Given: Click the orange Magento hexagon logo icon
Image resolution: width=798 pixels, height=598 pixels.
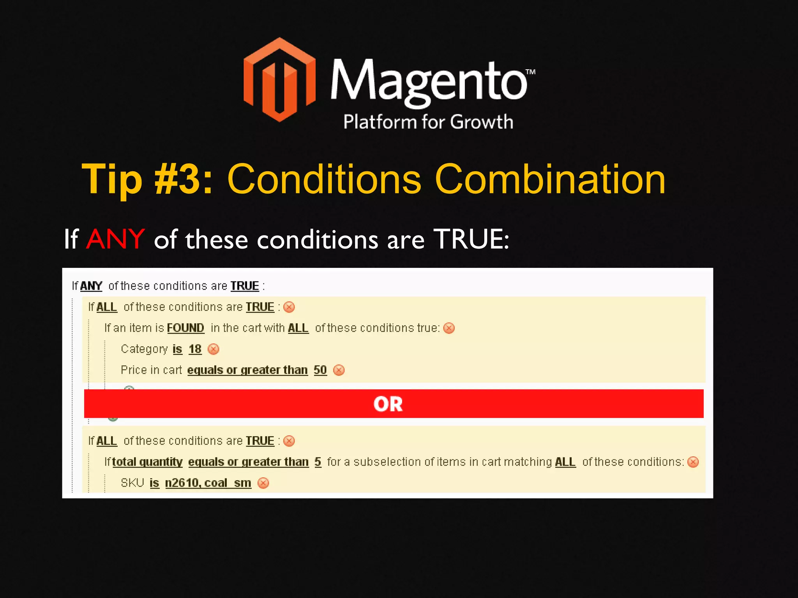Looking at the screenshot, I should (x=279, y=80).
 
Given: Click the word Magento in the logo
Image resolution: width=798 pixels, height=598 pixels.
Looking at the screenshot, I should (x=429, y=82).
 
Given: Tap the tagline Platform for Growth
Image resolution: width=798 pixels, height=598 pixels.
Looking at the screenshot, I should (x=428, y=122).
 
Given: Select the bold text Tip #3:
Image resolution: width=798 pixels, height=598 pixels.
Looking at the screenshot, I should (x=147, y=179).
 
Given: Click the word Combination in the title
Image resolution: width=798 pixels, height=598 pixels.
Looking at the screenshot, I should (x=550, y=179).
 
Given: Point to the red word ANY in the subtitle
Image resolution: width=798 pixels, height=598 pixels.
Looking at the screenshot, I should (x=115, y=239).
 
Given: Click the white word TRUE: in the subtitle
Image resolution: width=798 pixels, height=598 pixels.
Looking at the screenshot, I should (x=471, y=239).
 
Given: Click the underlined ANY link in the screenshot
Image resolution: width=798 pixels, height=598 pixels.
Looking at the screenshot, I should (x=91, y=286).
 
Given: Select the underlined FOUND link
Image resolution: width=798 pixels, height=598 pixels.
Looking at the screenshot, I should (x=185, y=328).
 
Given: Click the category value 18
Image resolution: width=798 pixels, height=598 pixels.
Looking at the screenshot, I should (x=195, y=349).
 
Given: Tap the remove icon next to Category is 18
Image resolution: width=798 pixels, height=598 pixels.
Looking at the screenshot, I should (x=214, y=349).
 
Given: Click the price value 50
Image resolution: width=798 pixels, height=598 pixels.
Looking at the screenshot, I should (x=320, y=370).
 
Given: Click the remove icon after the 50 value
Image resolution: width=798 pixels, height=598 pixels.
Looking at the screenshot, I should (x=339, y=370).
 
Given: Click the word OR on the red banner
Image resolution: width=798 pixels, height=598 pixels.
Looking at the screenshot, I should (x=388, y=404).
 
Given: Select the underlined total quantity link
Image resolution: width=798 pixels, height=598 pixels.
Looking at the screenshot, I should (x=147, y=462).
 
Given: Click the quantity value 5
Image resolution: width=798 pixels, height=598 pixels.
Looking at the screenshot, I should (x=318, y=462).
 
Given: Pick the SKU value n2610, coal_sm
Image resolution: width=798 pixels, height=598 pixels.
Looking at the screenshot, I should (x=208, y=483).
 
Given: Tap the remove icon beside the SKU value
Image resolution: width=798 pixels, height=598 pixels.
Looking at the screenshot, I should (x=263, y=483).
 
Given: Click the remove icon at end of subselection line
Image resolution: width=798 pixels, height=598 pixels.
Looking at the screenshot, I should (x=693, y=462).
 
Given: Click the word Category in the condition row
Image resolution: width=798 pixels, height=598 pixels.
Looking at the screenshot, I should (x=144, y=349).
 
